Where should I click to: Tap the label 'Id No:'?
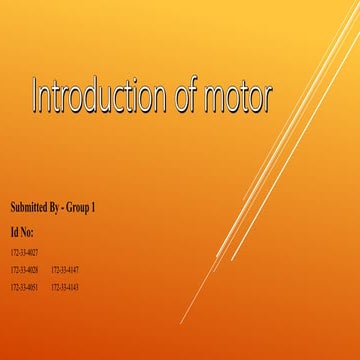(x=22, y=231)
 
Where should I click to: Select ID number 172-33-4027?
(x=24, y=252)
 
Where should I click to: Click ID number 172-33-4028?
(x=24, y=270)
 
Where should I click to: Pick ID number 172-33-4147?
(x=64, y=270)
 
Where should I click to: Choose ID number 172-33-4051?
(x=24, y=288)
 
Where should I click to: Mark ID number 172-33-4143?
(x=64, y=288)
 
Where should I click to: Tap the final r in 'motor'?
(x=268, y=99)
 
